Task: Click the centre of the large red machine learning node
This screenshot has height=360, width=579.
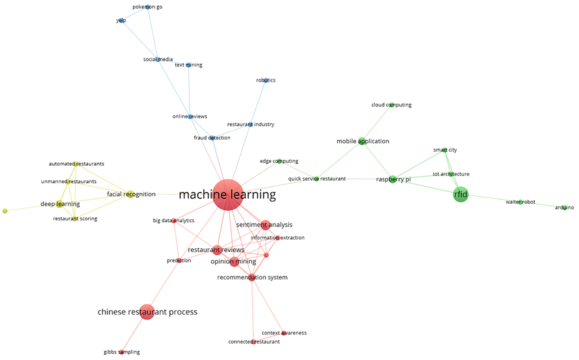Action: (x=228, y=195)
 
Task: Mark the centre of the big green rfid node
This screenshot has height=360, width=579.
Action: (x=461, y=194)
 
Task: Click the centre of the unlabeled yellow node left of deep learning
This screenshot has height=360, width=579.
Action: (x=5, y=211)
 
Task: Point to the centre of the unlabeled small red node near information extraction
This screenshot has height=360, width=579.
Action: (x=266, y=255)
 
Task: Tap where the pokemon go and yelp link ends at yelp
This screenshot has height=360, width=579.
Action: (x=121, y=20)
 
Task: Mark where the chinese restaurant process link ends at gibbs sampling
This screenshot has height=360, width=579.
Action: (x=122, y=352)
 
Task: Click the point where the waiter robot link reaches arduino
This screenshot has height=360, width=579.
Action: (x=565, y=208)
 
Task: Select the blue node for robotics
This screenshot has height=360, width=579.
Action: (x=266, y=80)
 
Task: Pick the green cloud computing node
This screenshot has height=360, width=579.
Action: (x=391, y=105)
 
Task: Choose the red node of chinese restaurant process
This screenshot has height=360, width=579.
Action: (x=147, y=312)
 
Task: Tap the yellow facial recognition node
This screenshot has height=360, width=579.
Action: (x=130, y=194)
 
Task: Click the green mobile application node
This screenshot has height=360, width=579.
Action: (x=361, y=141)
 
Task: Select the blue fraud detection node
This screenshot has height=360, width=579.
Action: (x=212, y=138)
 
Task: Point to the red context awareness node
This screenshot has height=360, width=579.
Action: (x=284, y=333)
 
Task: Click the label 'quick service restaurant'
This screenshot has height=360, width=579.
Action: (x=317, y=179)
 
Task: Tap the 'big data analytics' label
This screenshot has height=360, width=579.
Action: (x=174, y=220)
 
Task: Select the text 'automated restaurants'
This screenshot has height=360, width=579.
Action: (x=77, y=164)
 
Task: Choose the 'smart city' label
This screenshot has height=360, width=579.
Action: (x=445, y=150)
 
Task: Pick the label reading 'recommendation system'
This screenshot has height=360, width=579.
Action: (x=252, y=277)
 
